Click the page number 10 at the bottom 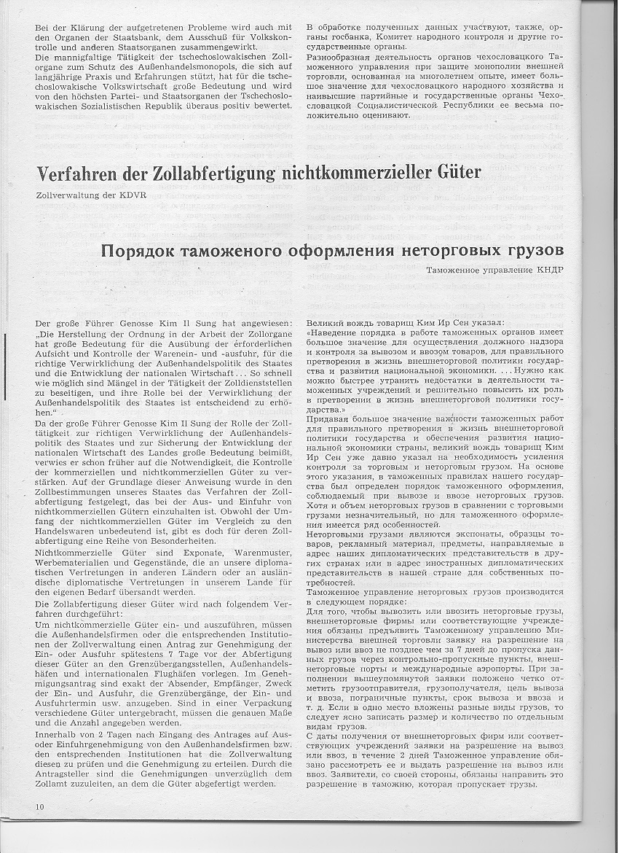coord(39,806)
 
